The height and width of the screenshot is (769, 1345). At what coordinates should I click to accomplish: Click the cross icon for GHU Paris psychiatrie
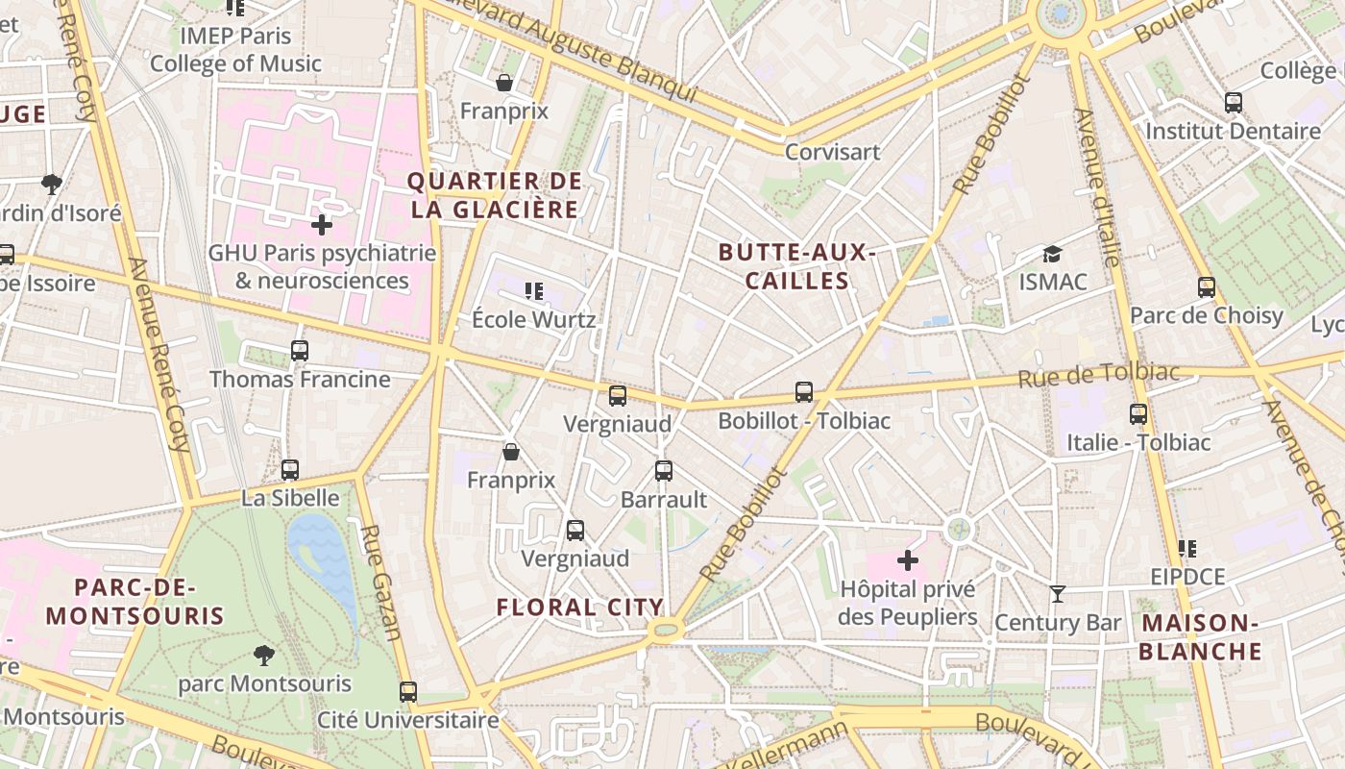tap(322, 225)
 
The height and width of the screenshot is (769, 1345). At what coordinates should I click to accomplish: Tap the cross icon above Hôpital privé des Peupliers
tap(907, 559)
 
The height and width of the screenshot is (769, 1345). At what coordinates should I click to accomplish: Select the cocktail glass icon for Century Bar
tap(1058, 594)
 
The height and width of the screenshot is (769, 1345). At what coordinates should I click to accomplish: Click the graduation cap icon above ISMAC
tap(1053, 255)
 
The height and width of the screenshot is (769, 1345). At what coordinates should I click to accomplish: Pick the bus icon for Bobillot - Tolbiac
tap(804, 392)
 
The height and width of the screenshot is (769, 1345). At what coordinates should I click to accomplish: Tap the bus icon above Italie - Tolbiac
tap(1138, 414)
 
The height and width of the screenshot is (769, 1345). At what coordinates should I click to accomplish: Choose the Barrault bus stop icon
tap(664, 471)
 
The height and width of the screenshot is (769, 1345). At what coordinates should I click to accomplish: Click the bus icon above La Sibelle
tap(290, 470)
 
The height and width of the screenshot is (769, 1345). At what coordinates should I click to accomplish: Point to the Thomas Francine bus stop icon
tap(300, 351)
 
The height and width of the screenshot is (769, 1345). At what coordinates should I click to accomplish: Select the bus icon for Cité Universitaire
tap(408, 691)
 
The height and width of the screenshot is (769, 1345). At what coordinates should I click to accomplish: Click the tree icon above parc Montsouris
tap(264, 656)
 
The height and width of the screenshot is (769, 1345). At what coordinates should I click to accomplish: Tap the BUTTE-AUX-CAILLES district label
tap(796, 266)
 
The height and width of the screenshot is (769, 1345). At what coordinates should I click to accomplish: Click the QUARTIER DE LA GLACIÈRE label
tap(495, 195)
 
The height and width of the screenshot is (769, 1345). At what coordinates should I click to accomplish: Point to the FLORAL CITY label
tap(579, 607)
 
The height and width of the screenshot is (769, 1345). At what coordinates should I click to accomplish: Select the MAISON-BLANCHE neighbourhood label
tap(1201, 636)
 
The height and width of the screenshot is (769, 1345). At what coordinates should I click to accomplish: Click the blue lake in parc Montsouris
tap(324, 558)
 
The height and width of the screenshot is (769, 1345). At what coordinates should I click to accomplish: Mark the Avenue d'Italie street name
tap(1097, 187)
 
